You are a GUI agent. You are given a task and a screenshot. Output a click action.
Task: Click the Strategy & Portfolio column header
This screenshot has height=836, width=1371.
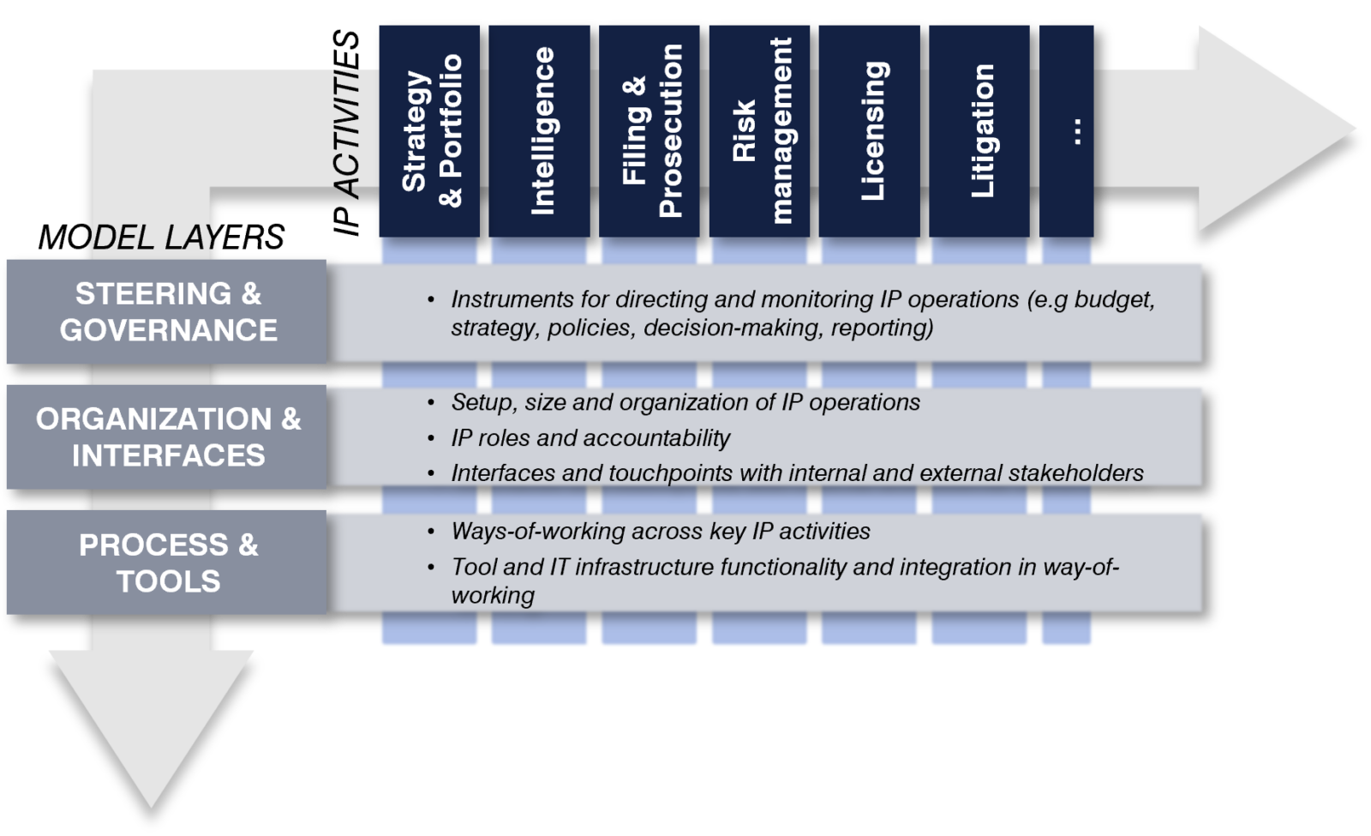tap(429, 131)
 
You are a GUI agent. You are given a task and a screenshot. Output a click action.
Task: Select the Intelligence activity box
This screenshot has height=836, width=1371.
tap(539, 131)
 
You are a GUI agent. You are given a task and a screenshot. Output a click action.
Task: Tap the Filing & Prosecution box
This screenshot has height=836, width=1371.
tap(650, 131)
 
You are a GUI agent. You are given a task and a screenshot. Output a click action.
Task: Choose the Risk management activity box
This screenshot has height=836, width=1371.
tap(759, 131)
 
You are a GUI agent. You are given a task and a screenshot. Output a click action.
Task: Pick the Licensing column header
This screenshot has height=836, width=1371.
tap(869, 131)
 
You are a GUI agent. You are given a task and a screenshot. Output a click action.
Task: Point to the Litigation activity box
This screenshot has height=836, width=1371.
tap(979, 131)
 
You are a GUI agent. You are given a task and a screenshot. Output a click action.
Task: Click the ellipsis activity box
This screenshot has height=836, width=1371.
tap(1067, 131)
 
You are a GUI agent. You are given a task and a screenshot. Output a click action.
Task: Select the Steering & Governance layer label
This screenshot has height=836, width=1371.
tap(167, 311)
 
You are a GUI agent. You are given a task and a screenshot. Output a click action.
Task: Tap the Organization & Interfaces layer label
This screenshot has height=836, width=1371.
tap(167, 436)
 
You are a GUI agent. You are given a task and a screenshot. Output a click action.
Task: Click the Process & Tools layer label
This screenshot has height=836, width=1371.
tap(167, 562)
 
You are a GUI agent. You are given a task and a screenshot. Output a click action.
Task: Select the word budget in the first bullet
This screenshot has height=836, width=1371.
tap(1114, 299)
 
